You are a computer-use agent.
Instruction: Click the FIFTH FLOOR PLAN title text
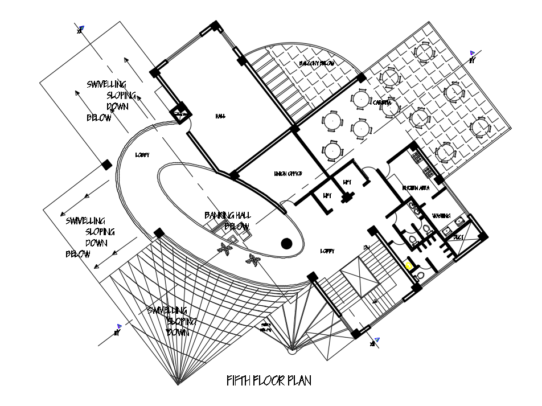coord(269,381)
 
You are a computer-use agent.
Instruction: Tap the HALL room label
coord(220,116)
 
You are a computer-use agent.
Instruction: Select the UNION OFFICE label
coord(288,174)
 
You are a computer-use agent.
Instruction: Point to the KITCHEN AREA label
coord(416,188)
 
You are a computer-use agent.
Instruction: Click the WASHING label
coord(441,216)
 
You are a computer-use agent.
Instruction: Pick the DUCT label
coord(459,236)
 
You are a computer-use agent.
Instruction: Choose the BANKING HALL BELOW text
coord(228,221)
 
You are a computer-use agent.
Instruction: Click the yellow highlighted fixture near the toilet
coord(409,265)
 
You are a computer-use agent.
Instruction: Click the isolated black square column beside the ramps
coord(106,165)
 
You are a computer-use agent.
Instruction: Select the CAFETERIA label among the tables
coord(382,103)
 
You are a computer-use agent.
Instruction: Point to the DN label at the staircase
coord(367,247)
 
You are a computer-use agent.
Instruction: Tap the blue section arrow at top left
coord(82,27)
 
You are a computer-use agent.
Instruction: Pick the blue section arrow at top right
coord(473,52)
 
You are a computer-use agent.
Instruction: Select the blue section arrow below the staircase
coord(376,340)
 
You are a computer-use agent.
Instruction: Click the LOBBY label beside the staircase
coord(327,251)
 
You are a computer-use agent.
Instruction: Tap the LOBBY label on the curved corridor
coord(142,155)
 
